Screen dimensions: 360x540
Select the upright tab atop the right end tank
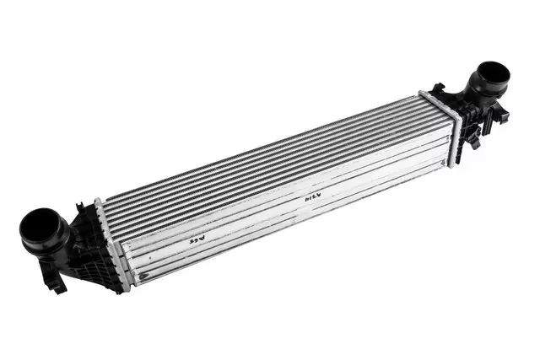coord(437,88)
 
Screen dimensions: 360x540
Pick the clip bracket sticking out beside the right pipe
coord(501,114)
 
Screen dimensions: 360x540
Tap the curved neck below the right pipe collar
coord(479,99)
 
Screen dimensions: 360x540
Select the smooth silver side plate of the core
coord(278,219)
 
